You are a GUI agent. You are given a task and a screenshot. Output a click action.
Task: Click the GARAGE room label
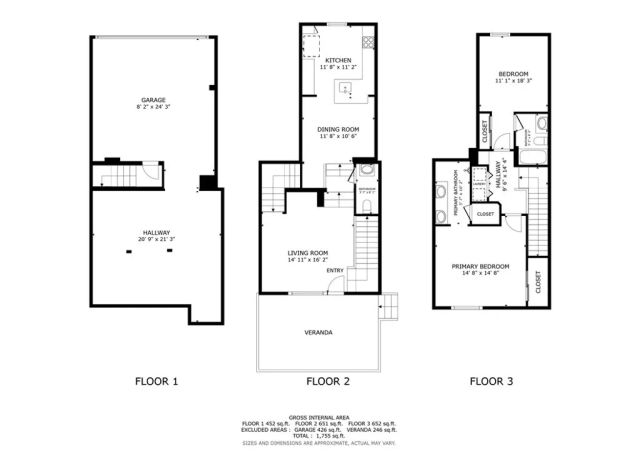(x=153, y=100)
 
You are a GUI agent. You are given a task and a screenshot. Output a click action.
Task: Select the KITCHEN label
(x=338, y=60)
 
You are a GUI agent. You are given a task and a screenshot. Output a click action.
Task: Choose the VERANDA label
(x=319, y=332)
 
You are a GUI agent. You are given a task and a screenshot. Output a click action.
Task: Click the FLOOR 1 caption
(x=156, y=381)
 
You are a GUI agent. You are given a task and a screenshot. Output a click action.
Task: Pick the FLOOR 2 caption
(x=327, y=381)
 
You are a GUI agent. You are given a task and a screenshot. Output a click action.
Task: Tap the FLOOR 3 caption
(x=492, y=381)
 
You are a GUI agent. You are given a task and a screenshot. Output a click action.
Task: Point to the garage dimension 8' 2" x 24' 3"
(x=153, y=108)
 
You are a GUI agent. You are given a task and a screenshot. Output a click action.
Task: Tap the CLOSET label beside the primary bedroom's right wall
(x=537, y=281)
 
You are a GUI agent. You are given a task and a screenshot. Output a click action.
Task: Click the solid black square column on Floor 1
(x=207, y=181)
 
